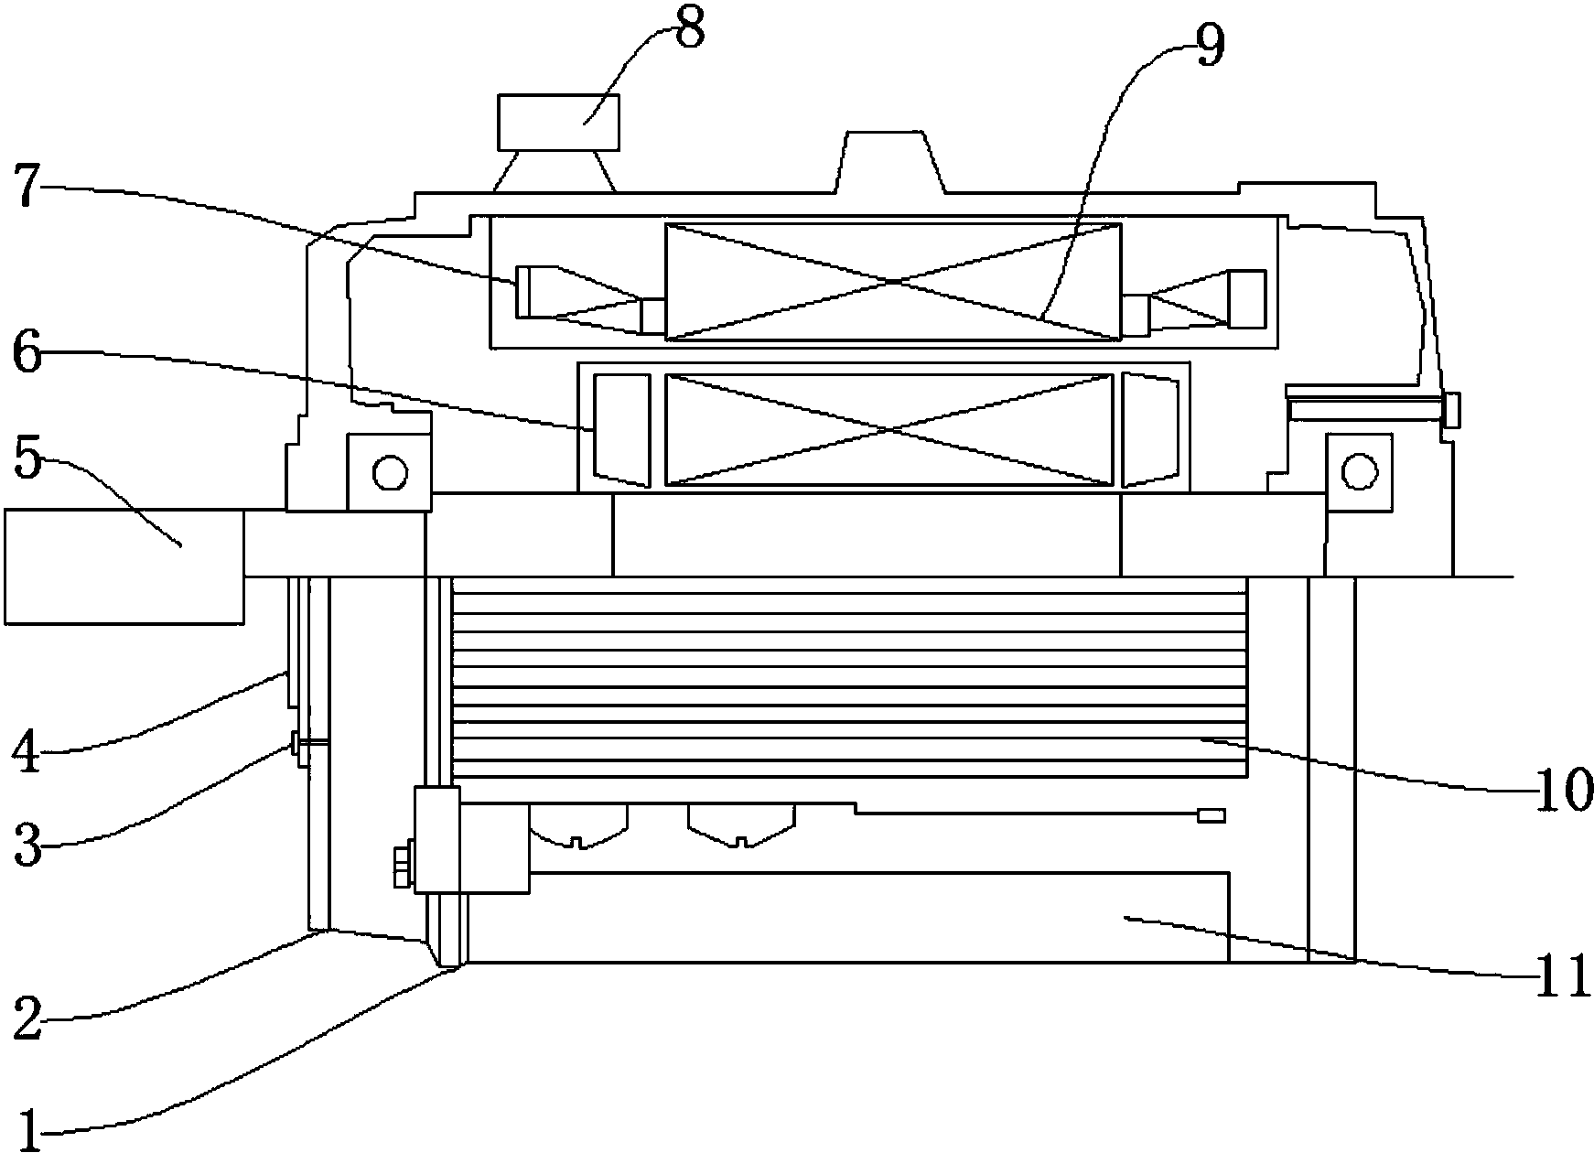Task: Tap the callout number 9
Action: click(x=1208, y=47)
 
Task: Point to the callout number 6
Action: click(x=27, y=354)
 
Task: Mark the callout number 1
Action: click(x=27, y=1126)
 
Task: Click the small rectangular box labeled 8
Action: click(x=558, y=122)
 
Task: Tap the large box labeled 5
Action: click(x=124, y=567)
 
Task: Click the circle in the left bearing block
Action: click(x=389, y=472)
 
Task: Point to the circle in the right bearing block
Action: click(x=1359, y=472)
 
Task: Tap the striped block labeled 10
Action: click(x=849, y=677)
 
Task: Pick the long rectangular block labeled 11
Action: click(x=878, y=917)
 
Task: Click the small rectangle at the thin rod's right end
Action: click(x=1211, y=815)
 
